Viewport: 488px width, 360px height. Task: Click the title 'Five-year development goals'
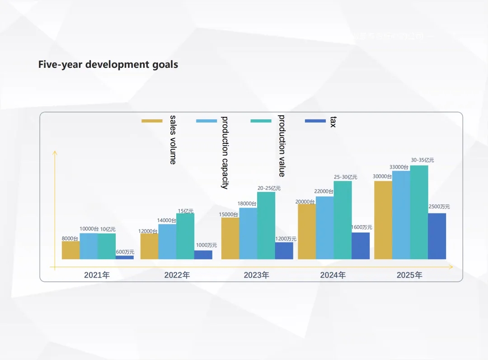pos(108,64)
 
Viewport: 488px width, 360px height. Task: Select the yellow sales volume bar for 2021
pos(70,250)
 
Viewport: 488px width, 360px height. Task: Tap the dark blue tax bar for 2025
pos(436,236)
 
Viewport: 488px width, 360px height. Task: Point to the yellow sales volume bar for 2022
pos(149,246)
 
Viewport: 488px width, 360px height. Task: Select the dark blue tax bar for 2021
pos(125,257)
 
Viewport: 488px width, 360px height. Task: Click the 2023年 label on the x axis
pos(256,275)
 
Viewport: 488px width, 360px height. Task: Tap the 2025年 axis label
pos(409,275)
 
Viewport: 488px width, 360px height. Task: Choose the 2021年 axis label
pos(97,275)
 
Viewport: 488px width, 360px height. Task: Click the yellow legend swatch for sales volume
pos(152,121)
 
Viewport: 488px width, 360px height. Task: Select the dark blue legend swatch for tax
pos(315,121)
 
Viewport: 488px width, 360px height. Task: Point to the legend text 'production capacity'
pos(225,152)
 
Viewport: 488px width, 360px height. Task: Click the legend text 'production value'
pos(282,146)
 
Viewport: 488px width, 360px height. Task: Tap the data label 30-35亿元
pos(422,160)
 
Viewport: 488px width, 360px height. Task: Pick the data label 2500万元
pos(439,207)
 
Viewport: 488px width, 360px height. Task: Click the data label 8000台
pos(70,238)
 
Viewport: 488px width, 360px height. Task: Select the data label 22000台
pos(324,192)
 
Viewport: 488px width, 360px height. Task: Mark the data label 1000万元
pos(206,245)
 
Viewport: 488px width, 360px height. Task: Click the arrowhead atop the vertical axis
pos(55,152)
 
